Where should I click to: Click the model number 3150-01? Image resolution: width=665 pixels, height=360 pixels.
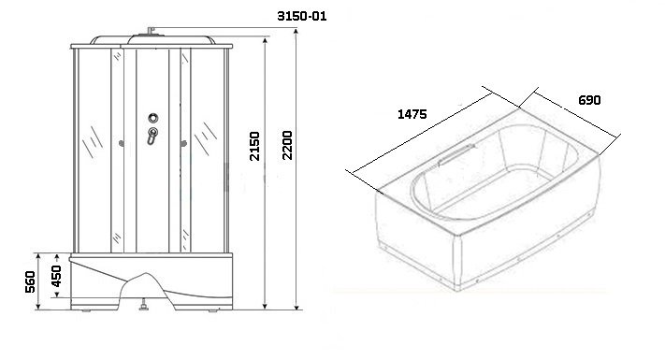(301, 16)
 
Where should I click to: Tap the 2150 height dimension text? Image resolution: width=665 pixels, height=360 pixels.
(254, 146)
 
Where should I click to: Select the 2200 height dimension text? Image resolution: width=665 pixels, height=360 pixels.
(287, 145)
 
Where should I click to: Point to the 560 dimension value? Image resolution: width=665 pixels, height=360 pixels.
(30, 281)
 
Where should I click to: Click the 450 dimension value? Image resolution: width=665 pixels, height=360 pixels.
(56, 276)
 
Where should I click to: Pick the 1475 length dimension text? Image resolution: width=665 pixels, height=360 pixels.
(412, 114)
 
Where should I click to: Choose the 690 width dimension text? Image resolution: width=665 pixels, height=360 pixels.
(589, 100)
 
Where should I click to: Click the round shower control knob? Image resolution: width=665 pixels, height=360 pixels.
(153, 118)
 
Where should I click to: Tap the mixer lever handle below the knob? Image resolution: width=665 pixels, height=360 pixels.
(152, 136)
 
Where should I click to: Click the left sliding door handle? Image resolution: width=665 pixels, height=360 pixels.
(122, 144)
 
